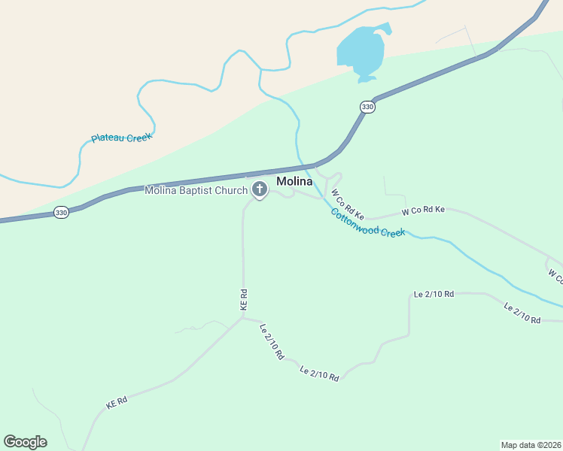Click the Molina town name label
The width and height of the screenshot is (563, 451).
pyautogui.click(x=294, y=181)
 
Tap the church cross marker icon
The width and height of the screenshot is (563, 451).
pyautogui.click(x=260, y=189)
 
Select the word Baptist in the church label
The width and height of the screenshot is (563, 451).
pyautogui.click(x=193, y=191)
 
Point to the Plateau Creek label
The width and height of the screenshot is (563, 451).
pyautogui.click(x=122, y=138)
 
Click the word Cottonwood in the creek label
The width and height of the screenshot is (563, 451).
pyautogui.click(x=356, y=220)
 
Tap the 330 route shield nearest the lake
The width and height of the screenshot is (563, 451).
pyautogui.click(x=367, y=107)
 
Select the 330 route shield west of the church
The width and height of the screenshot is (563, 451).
pyautogui.click(x=61, y=213)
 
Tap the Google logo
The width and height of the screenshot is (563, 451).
pyautogui.click(x=25, y=442)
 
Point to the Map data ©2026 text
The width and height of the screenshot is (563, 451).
pyautogui.click(x=531, y=444)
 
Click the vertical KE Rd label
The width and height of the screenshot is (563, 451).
pyautogui.click(x=243, y=300)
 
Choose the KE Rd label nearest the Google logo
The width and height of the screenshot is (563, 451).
pyautogui.click(x=117, y=403)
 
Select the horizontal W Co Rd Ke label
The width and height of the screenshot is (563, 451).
pyautogui.click(x=423, y=210)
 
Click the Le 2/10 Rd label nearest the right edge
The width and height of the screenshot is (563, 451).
pyautogui.click(x=522, y=314)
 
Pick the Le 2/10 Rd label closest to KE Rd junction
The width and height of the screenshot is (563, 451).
pyautogui.click(x=271, y=341)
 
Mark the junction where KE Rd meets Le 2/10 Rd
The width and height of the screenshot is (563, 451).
pyautogui.click(x=243, y=317)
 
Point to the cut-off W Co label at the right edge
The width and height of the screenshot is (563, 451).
pyautogui.click(x=555, y=276)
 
